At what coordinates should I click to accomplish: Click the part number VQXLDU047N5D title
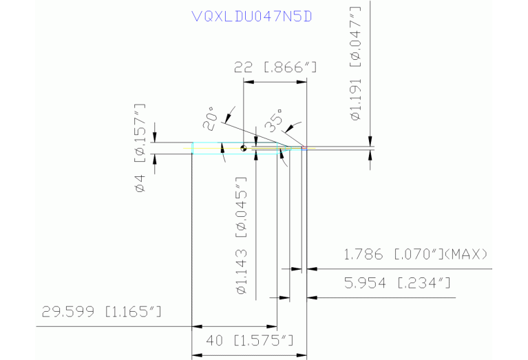[251, 16]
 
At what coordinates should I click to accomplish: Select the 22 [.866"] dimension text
[275, 67]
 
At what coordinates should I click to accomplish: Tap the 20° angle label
[209, 118]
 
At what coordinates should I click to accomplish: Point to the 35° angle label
[274, 120]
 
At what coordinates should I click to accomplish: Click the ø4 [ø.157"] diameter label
[140, 148]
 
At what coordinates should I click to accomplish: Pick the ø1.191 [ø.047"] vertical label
[356, 63]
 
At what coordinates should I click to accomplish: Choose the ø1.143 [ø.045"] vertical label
[242, 235]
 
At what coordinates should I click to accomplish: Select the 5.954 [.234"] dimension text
[397, 283]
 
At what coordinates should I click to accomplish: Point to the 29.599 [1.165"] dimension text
[101, 312]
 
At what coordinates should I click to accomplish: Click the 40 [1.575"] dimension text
[249, 341]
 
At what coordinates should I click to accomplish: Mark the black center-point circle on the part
[244, 148]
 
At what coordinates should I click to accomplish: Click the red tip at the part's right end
[304, 148]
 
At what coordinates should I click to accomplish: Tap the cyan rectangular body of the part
[235, 148]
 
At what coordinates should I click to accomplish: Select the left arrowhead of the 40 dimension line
[197, 355]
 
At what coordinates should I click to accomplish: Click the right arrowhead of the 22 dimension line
[302, 82]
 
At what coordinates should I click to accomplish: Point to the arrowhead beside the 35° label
[289, 129]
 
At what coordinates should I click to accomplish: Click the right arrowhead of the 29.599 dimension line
[272, 326]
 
